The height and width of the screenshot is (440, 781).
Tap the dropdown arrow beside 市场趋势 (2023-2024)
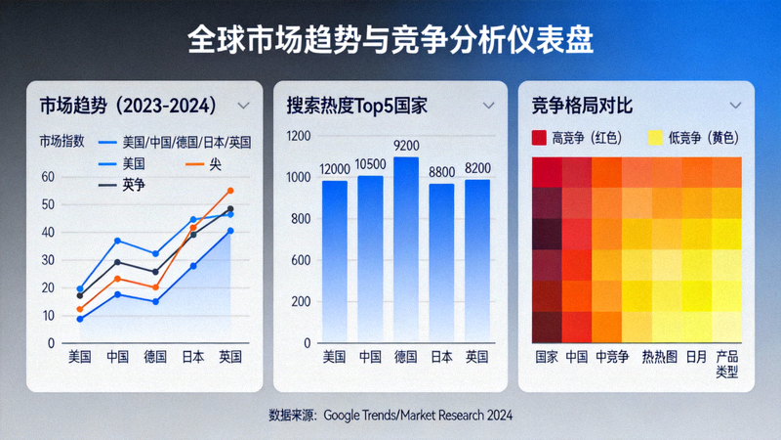coord(244,105)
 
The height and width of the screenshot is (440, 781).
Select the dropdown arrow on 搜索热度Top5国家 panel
coord(489,105)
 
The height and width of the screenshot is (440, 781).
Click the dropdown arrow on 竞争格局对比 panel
coord(735,105)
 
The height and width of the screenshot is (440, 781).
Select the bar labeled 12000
coord(335,264)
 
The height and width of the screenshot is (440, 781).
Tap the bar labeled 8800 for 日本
coord(442,265)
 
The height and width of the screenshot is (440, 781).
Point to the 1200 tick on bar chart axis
coord(299,136)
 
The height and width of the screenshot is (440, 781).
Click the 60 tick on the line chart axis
coord(48,177)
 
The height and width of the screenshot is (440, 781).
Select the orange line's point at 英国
coord(230,191)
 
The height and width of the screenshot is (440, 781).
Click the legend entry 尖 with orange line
coord(216,163)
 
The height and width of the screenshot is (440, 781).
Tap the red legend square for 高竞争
coord(539,138)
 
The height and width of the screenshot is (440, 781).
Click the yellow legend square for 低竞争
coord(655,138)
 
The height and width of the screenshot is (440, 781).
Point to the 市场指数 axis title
coord(62,142)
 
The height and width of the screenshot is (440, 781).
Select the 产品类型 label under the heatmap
coord(726,365)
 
